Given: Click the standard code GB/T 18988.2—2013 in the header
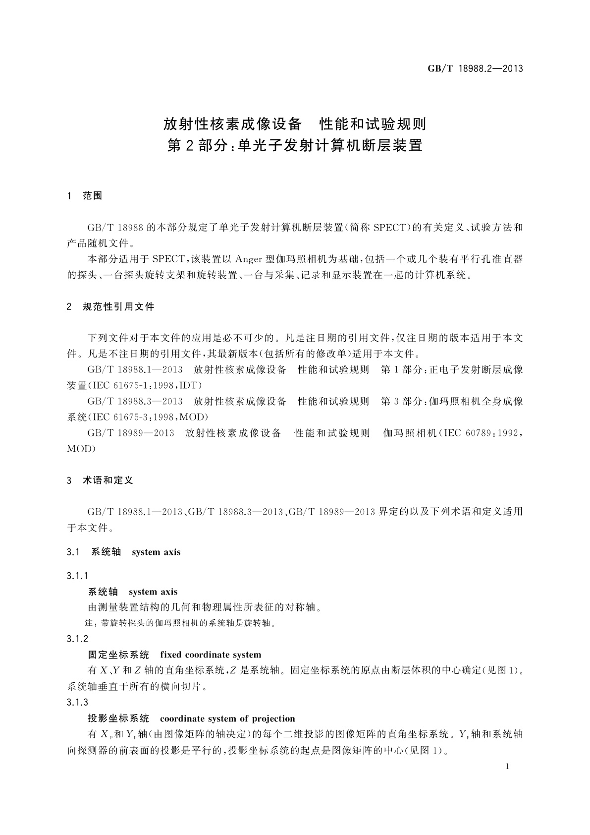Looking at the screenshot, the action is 475,69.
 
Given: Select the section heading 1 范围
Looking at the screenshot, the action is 85,196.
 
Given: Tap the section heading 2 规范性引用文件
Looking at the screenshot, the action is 110,307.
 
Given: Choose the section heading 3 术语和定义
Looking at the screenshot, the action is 100,480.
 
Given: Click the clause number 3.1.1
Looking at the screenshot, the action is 77,576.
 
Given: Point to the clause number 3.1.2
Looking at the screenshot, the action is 77,639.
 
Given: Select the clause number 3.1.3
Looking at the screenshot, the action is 77,702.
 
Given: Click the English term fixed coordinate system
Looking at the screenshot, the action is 211,655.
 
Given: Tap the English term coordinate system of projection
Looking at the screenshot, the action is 227,718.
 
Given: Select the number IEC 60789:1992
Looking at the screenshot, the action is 481,433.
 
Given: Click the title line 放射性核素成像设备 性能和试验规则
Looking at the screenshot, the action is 295,123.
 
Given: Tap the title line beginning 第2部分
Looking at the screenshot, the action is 295,146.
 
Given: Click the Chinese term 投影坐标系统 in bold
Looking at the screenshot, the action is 118,718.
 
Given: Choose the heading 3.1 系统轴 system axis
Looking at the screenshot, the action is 124,552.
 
